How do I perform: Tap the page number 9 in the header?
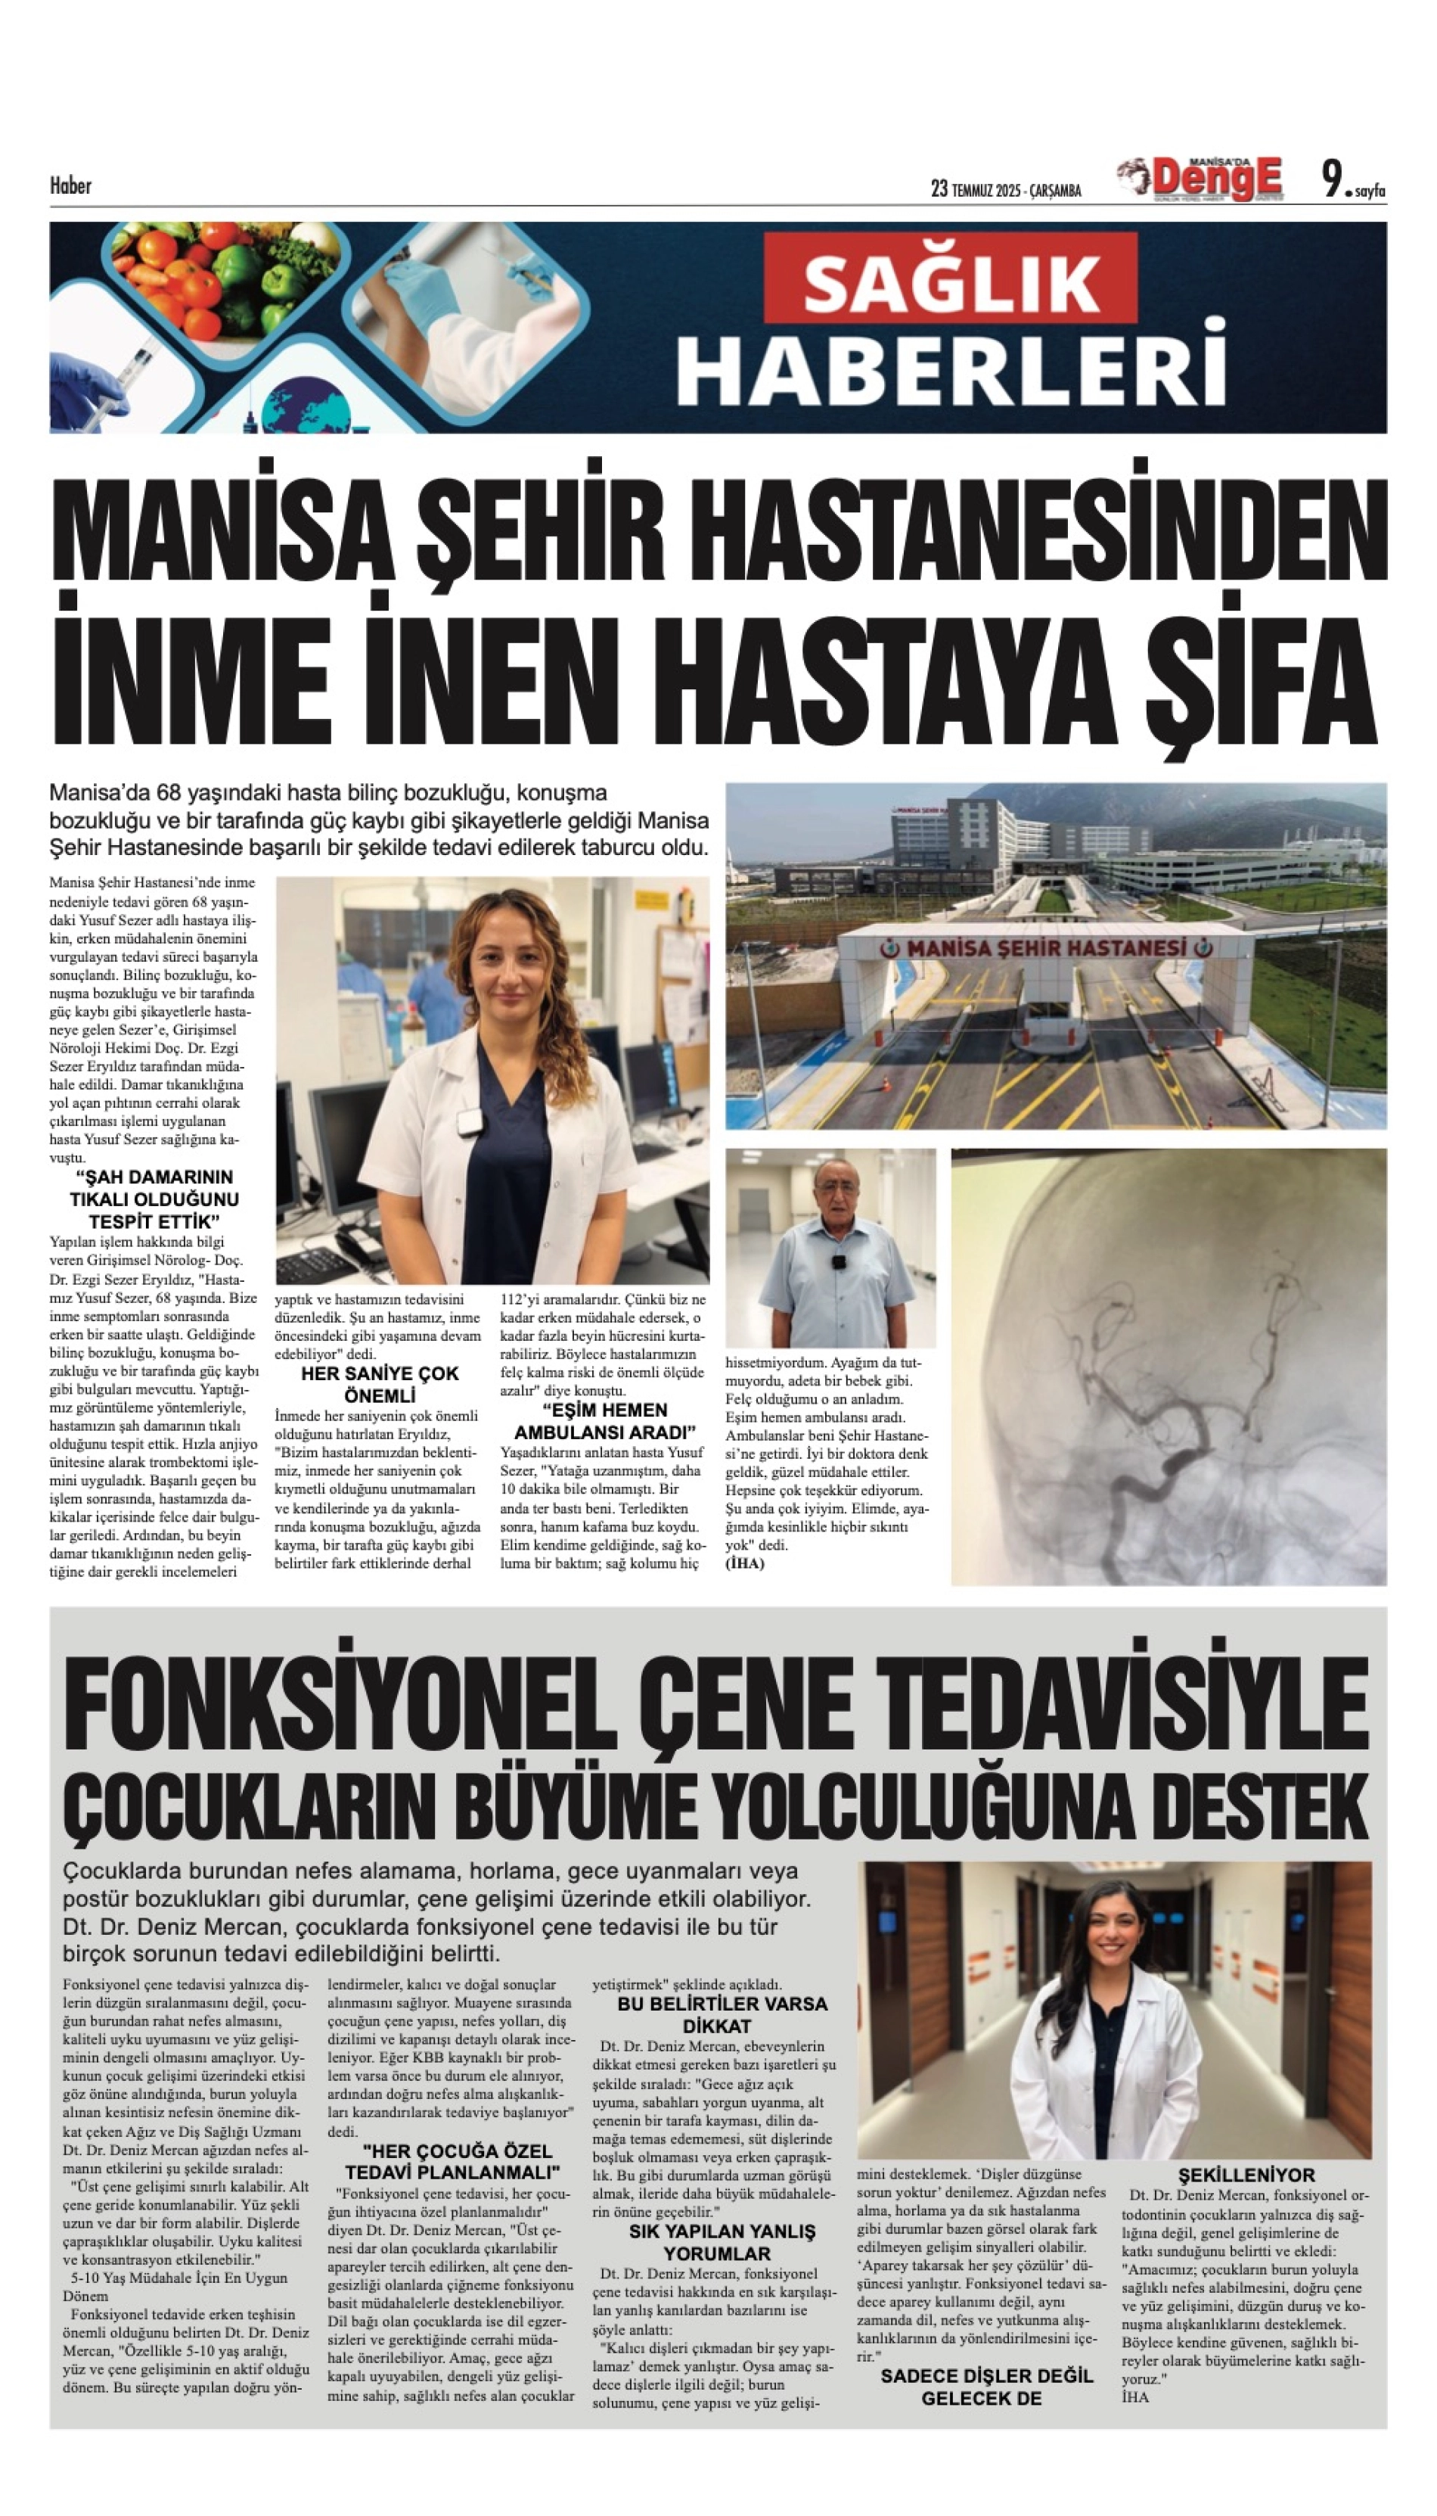tap(1333, 180)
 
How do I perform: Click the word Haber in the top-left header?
tap(70, 185)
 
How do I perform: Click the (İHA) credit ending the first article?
tap(745, 1563)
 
